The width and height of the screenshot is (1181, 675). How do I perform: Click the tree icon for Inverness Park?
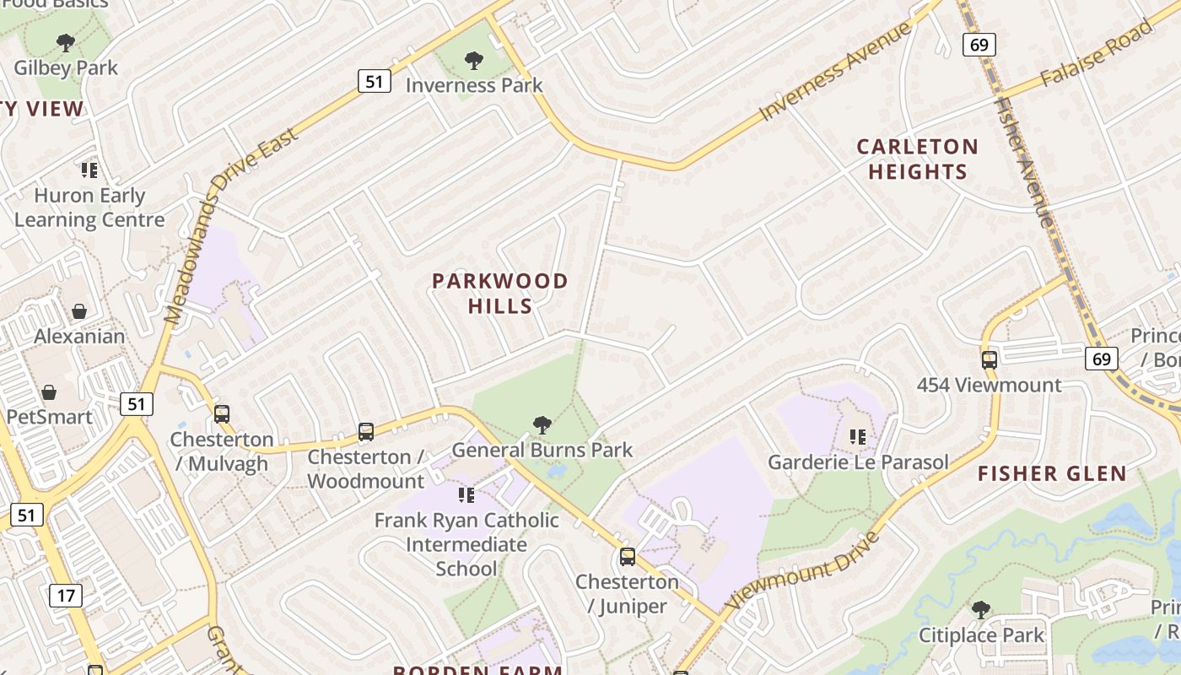point(474,60)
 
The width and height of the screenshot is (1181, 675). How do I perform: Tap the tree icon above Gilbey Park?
point(65,42)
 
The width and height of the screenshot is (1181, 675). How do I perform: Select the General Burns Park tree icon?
point(542,424)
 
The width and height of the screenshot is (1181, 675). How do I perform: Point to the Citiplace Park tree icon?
point(980,609)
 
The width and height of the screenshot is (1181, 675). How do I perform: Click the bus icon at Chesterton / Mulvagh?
point(222,414)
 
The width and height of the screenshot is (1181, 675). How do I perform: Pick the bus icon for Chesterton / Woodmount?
point(365,432)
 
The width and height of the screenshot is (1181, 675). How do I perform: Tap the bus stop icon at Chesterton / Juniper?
point(627,557)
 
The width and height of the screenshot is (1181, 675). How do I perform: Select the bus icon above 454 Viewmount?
point(989,360)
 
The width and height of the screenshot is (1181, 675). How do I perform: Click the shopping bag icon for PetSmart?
point(49,392)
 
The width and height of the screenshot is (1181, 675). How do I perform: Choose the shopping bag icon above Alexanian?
point(78,311)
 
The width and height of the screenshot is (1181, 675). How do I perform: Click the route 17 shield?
point(65,596)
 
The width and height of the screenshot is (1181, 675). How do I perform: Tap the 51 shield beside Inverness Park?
point(374,81)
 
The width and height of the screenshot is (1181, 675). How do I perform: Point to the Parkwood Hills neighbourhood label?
point(500,293)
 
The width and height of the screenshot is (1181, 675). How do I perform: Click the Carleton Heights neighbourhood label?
point(917,159)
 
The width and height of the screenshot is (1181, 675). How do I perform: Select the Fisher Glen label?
point(1052,473)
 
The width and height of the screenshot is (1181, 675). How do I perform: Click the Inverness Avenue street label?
point(835,72)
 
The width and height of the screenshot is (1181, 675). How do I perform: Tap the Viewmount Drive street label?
point(802,570)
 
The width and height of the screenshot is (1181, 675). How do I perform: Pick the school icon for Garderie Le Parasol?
point(858,437)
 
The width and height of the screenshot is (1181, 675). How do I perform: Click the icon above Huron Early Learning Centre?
point(89,170)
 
